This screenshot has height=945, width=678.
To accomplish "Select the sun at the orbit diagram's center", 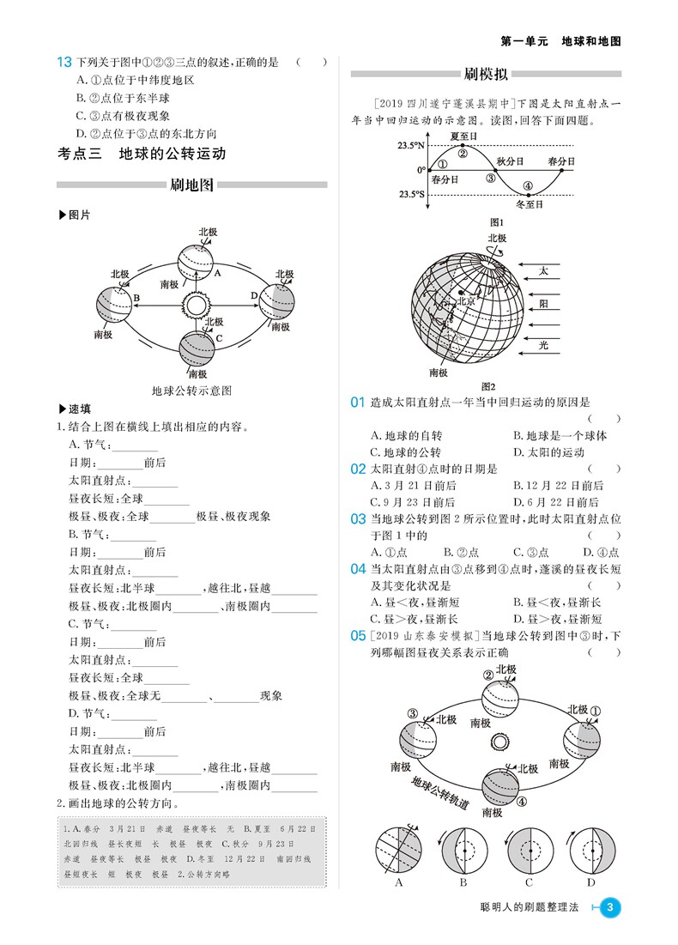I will pos(196,304).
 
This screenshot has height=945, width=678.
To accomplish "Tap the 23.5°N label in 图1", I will pos(410,146).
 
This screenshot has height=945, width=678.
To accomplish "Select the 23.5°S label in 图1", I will pos(410,195).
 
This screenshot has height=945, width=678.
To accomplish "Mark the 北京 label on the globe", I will pos(465,300).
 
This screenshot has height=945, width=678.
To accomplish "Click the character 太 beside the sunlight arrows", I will pos(542,270).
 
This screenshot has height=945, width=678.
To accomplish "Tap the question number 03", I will pos(359,518).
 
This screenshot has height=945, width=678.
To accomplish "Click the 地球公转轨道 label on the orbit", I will pos(439,791).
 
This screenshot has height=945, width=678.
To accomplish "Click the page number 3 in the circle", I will pos(609,907).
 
